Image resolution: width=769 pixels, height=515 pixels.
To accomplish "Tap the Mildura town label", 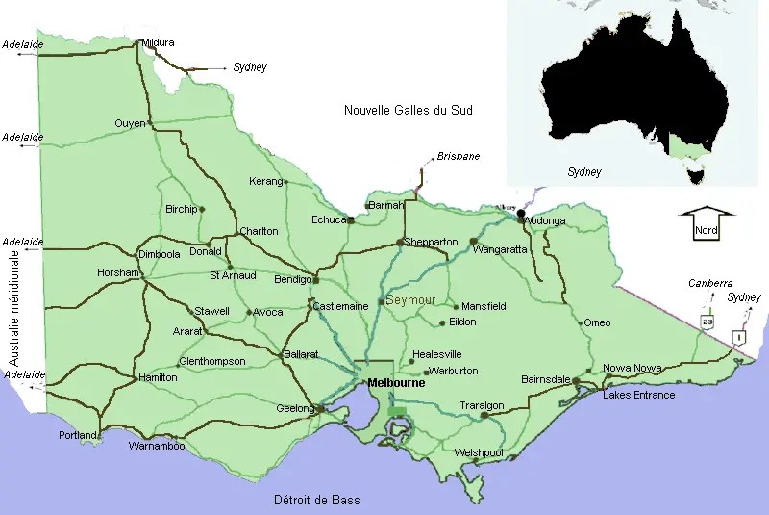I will point(158,43).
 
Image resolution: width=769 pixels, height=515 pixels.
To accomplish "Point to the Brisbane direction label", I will point(459,156).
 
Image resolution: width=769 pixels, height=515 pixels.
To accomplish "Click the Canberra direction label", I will point(710,284).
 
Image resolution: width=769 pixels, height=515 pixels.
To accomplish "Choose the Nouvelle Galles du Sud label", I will point(409,111).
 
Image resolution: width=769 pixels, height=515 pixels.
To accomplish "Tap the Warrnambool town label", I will point(158,447).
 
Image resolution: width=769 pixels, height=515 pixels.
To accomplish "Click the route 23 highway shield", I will point(707,321).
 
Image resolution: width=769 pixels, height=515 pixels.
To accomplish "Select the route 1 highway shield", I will point(738,336).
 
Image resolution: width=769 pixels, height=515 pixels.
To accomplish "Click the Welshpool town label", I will point(480,451).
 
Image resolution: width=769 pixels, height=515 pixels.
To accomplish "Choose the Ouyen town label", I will point(130,123).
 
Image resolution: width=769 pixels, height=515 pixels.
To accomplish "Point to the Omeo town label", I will point(597,322).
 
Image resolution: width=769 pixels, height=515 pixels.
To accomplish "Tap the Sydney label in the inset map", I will point(583,172).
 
